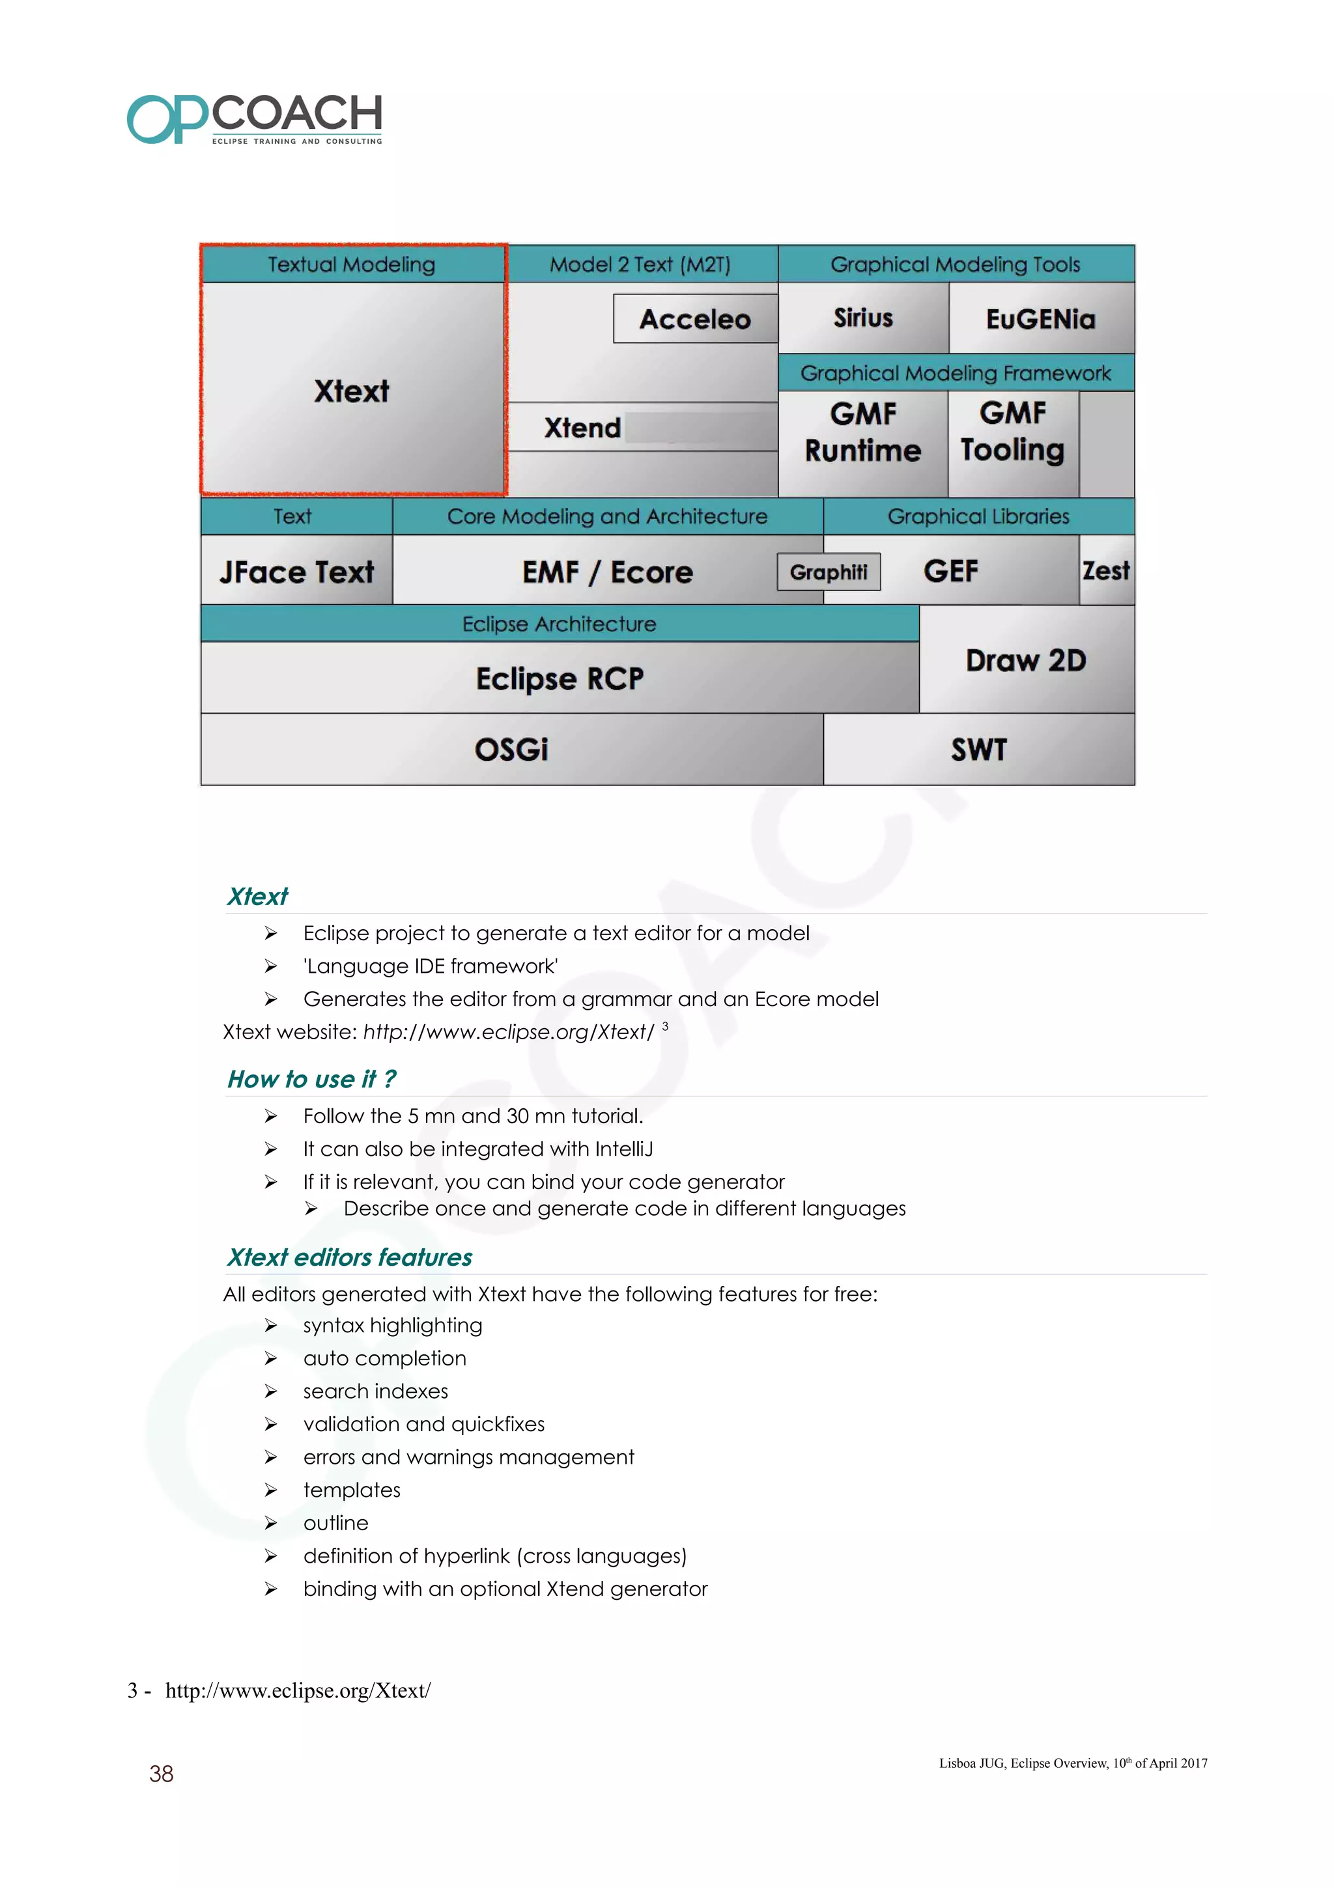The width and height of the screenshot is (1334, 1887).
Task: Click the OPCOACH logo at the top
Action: point(254,119)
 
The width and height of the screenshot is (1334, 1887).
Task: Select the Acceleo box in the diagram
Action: point(694,319)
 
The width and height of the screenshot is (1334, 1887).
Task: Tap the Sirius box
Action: point(863,318)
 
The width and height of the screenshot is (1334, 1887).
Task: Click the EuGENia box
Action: point(1041,319)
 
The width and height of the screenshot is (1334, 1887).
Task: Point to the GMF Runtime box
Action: point(863,433)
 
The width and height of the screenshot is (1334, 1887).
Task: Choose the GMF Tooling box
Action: point(1013,432)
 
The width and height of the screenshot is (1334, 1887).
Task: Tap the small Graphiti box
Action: point(829,572)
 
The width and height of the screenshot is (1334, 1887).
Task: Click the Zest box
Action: point(1105,570)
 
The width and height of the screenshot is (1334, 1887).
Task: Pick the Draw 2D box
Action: point(1026,660)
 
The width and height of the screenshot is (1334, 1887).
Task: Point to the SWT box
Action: point(978,749)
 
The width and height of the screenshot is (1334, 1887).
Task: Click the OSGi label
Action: point(511,749)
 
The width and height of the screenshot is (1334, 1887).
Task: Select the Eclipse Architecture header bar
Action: point(559,624)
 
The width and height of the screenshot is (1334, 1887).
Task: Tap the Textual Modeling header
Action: point(352,264)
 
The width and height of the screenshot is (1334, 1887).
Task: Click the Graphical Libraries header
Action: point(978,516)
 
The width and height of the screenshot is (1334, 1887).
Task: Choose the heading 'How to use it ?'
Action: point(311,1079)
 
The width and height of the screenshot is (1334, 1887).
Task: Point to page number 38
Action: point(161,1774)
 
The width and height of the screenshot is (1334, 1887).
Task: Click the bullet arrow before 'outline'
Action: point(270,1523)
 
